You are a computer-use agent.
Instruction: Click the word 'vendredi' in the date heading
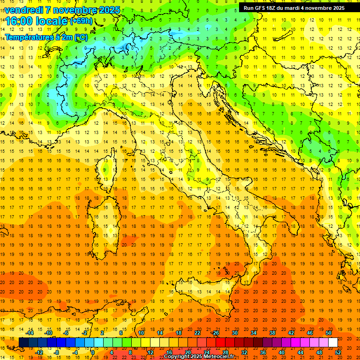click(23, 10)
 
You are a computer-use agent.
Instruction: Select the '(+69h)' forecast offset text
click(81, 21)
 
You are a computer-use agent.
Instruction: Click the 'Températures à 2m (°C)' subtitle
click(46, 37)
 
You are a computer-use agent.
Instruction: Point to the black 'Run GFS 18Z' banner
click(294, 7)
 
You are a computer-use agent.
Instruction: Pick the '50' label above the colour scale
click(328, 333)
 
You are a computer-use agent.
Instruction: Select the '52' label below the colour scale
click(338, 352)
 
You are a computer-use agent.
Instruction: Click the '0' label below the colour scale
click(93, 352)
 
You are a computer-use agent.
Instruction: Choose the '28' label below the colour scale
click(225, 352)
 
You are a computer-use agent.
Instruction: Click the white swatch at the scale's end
click(333, 343)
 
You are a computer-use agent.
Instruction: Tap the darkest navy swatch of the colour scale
click(23, 343)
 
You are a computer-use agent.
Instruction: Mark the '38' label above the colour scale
click(272, 333)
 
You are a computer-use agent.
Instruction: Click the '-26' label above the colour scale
click(215, 333)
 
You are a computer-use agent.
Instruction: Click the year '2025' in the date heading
click(109, 10)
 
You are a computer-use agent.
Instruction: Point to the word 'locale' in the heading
click(53, 21)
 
